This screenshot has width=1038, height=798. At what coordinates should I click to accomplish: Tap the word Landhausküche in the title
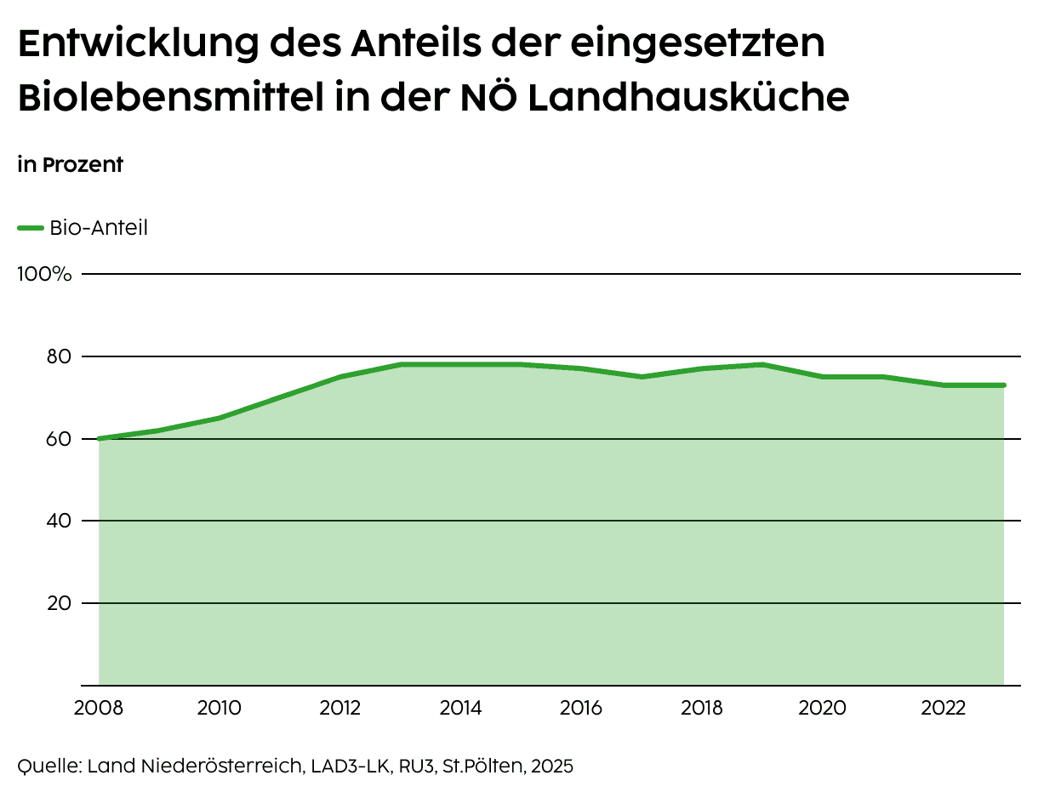688,99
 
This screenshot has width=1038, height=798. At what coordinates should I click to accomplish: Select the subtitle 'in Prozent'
71,165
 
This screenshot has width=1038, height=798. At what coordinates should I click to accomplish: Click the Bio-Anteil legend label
99,228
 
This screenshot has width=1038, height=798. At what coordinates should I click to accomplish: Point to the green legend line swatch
31,228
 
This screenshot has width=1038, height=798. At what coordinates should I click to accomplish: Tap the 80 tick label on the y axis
57,356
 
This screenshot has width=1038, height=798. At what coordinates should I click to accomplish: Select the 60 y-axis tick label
57,439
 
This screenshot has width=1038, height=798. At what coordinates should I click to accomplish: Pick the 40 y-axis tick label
57,521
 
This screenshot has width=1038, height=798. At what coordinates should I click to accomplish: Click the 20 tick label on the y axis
57,603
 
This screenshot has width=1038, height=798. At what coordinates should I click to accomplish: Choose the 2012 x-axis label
340,708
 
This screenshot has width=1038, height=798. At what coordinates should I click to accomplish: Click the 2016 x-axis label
582,708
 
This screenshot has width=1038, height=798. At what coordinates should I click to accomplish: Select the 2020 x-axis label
823,708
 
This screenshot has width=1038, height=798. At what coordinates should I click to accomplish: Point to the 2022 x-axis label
944,708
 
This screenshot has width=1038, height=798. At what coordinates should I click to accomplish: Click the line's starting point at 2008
100,439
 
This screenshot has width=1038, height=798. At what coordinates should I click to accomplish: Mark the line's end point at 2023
1004,385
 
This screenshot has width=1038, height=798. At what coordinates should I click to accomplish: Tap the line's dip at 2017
642,377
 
